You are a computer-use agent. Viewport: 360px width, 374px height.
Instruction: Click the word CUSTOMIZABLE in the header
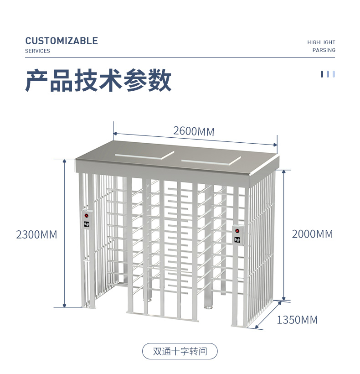[x=62, y=41]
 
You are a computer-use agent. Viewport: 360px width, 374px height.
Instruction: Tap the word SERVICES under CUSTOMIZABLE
[x=37, y=51]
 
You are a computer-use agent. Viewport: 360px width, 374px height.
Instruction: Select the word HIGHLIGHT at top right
[x=321, y=42]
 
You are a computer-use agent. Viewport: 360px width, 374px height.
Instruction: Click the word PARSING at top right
[x=324, y=50]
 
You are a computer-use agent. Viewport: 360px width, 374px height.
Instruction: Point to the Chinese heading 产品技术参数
[x=98, y=81]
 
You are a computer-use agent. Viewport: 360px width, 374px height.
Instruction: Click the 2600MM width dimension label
[x=194, y=131]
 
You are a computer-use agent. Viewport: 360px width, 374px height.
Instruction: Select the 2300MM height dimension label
[x=36, y=234]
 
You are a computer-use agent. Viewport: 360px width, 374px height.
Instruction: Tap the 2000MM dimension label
[x=312, y=234]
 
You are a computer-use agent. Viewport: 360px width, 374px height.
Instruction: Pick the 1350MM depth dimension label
[x=297, y=320]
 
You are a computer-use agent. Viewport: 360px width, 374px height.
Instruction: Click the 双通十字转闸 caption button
[x=180, y=352]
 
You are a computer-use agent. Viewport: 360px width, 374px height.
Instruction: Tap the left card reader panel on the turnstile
[x=87, y=220]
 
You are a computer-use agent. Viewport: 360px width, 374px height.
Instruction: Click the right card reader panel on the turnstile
[x=237, y=235]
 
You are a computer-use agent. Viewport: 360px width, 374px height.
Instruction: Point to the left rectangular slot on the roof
[x=143, y=155]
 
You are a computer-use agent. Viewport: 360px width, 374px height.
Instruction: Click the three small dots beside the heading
[x=328, y=74]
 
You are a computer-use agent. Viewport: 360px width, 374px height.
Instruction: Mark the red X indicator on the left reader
[x=87, y=215]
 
